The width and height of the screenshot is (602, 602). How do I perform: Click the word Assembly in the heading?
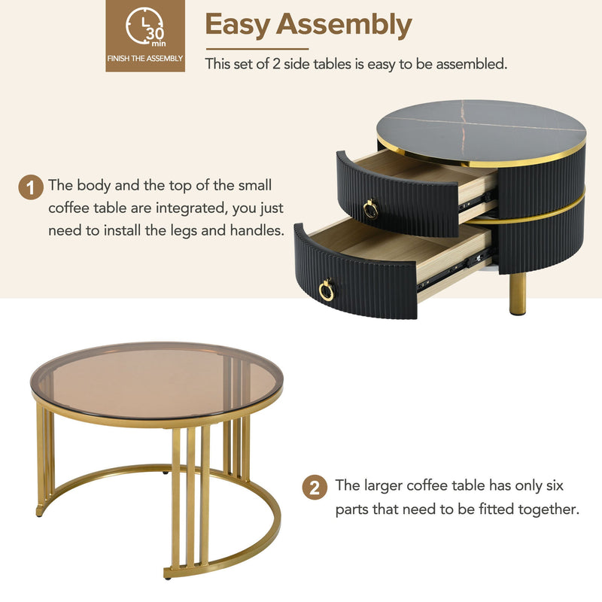point(344,25)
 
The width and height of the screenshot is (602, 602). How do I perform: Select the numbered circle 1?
point(30,187)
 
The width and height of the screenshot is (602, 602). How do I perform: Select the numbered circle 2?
point(315,487)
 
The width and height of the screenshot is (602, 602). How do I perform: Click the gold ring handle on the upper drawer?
point(370,208)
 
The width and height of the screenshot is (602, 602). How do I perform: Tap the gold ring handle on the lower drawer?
point(327,290)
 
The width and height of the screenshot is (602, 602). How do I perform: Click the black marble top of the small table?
point(482,124)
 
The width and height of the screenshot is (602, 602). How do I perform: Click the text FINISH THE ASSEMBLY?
point(145,58)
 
